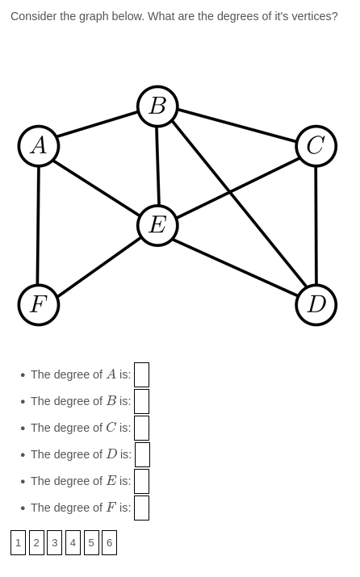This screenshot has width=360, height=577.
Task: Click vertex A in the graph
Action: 39,146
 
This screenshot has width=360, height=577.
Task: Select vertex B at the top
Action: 157,107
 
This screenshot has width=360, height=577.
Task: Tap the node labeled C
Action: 316,146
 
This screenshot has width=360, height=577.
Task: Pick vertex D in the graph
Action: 316,304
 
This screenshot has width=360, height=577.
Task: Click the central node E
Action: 157,225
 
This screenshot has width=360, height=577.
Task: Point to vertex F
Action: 39,304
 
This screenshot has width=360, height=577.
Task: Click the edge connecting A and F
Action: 38,225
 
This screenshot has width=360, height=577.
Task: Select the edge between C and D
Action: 316,225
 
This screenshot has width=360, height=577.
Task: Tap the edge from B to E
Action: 157,165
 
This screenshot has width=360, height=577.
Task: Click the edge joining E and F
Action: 98,265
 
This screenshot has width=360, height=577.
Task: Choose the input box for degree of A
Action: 141,374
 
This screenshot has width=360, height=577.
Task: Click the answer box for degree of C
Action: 141,428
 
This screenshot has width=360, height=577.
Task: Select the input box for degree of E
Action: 141,481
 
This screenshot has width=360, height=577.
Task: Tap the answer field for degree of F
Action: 141,508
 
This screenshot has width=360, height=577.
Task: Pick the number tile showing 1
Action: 18,542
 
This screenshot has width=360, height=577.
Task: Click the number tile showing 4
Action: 73,542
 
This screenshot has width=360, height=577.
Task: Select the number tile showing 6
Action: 109,542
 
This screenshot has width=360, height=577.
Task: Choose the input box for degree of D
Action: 142,454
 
